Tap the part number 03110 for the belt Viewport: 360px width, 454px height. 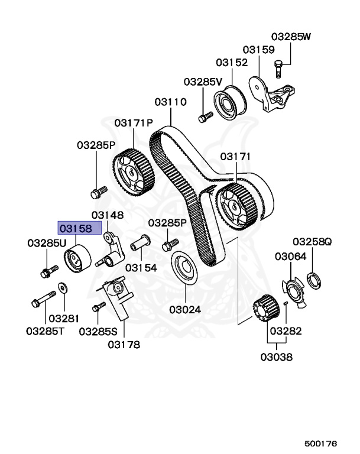[171, 102]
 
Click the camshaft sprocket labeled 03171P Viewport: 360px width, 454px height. [133, 172]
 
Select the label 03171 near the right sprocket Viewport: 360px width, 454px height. [236, 157]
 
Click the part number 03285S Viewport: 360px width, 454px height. [98, 331]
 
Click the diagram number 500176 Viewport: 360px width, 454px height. [320, 443]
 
